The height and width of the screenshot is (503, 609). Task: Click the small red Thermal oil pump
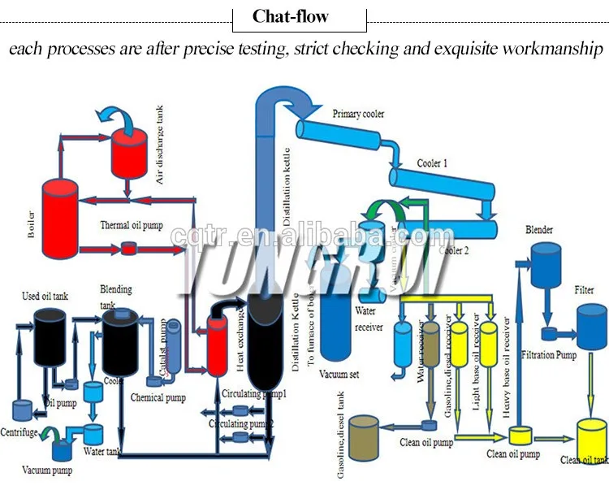[130, 247]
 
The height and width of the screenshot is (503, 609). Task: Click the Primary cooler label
[358, 115]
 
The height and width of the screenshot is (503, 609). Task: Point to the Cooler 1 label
[434, 163]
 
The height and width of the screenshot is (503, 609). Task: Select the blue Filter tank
[590, 325]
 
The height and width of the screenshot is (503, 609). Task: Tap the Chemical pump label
[158, 397]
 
